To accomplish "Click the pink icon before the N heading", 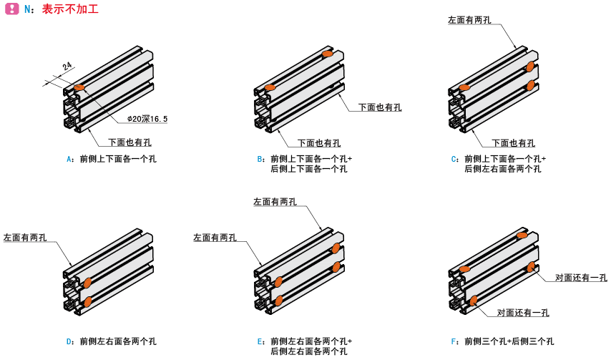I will click(x=11, y=9).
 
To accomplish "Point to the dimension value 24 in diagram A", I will click(x=67, y=67).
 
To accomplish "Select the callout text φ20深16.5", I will click(x=147, y=119).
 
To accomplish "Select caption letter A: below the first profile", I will click(x=70, y=159).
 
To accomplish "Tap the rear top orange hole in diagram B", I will click(x=328, y=54).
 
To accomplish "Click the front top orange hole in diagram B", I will click(x=270, y=87).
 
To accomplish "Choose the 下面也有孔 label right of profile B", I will click(x=380, y=107).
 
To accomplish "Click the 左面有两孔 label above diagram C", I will click(x=469, y=20).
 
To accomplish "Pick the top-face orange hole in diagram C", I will click(x=464, y=87).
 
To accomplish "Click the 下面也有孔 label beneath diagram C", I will click(x=513, y=142).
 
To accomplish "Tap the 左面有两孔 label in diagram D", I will click(x=25, y=237).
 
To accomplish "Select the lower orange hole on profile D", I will click(x=87, y=302).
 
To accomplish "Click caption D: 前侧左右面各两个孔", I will click(x=112, y=341).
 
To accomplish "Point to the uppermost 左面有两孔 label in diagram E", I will click(x=275, y=203).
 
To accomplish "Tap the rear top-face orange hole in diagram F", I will click(x=522, y=235).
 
